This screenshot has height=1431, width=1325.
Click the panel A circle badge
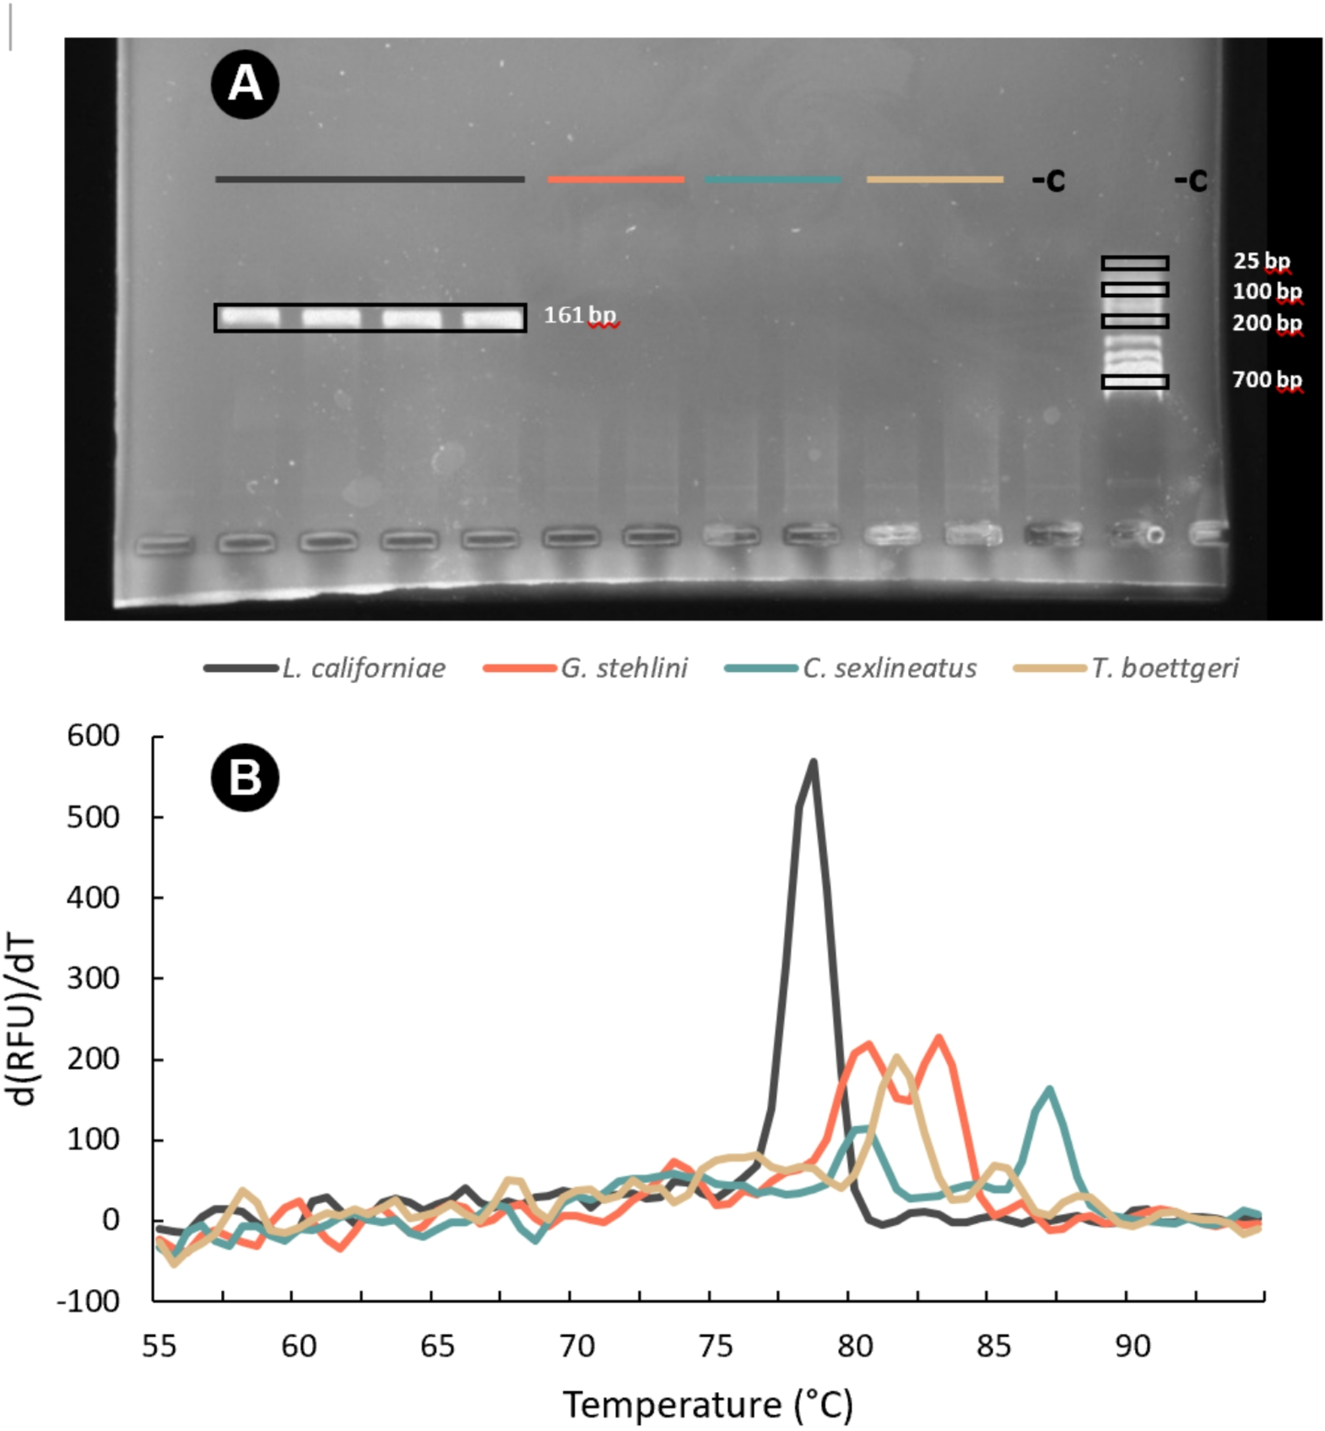245,84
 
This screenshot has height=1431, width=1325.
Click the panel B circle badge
245,778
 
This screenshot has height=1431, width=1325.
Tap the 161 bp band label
579,316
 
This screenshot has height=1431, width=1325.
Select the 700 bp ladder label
1266,380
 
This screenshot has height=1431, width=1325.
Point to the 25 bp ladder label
1261,261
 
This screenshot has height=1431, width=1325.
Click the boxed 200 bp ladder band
1135,321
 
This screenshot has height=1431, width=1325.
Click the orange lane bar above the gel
615,180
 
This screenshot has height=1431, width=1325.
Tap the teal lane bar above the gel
772,180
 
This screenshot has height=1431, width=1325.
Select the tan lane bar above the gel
934,180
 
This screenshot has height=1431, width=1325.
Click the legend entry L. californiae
363,669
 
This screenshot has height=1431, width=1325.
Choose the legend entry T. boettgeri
1165,669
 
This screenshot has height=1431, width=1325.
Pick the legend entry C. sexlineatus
889,669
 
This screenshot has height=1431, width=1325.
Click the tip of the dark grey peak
813,762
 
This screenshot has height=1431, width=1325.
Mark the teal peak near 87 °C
1050,1090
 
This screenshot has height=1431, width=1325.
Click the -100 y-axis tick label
88,1301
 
